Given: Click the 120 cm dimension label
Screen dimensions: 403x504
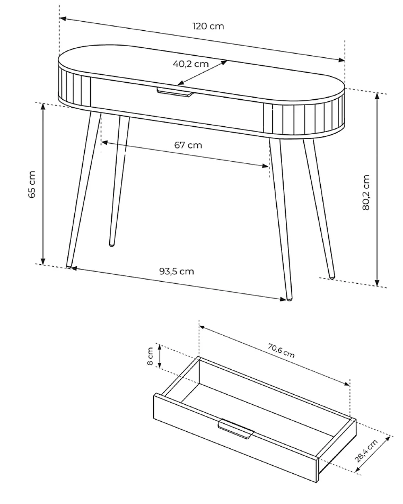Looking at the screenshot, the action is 208,26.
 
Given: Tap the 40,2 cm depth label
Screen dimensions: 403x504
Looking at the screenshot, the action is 191,64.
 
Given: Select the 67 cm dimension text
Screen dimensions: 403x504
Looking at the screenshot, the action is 188,145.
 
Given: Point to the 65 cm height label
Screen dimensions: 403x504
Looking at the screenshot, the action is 32,184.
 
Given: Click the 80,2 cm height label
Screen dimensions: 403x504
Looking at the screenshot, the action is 366,192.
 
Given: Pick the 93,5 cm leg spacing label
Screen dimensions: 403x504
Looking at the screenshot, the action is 177,271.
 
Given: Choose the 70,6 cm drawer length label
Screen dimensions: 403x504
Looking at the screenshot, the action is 281,350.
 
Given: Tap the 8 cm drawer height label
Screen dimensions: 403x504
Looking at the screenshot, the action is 150,356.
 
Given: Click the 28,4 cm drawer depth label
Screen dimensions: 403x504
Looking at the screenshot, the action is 366,451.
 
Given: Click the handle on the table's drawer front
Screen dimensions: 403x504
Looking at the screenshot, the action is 175,92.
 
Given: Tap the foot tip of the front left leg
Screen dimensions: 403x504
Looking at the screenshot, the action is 69,266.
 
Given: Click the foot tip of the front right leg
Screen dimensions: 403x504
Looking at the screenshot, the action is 290,299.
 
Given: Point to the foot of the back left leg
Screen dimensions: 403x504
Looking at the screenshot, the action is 112,245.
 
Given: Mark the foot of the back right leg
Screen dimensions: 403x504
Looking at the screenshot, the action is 332,277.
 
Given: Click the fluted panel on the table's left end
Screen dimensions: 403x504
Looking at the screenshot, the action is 74,89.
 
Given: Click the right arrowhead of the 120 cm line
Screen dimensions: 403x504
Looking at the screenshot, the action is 342,60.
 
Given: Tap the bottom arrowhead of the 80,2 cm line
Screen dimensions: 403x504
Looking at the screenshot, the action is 377,283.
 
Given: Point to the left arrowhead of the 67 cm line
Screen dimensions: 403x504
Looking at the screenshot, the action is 104,143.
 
